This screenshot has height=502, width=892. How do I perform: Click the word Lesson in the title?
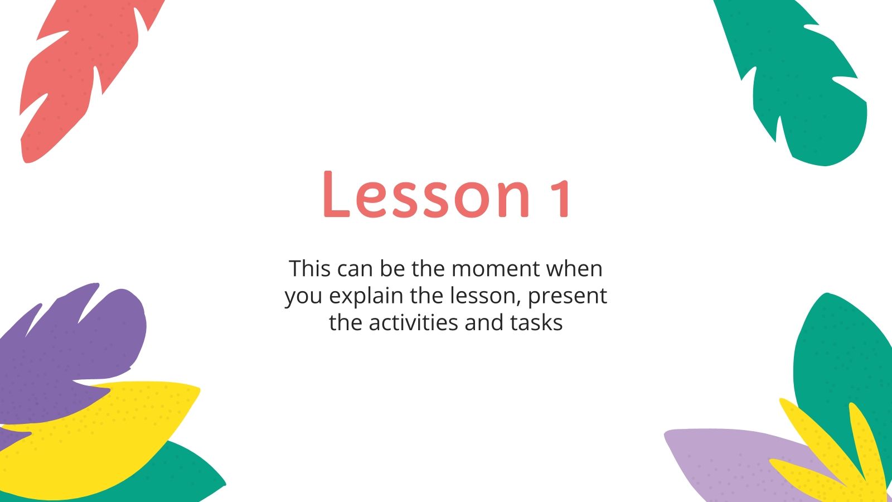tap(426, 194)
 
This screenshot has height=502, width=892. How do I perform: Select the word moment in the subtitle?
tap(496, 269)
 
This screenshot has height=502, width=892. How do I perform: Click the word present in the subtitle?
tap(567, 296)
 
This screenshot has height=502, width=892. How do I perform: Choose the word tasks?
tap(535, 322)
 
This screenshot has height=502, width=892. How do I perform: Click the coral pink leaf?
tap(72, 73)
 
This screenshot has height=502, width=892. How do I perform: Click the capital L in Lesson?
tap(334, 194)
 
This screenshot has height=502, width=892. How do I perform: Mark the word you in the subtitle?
tap(304, 296)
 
